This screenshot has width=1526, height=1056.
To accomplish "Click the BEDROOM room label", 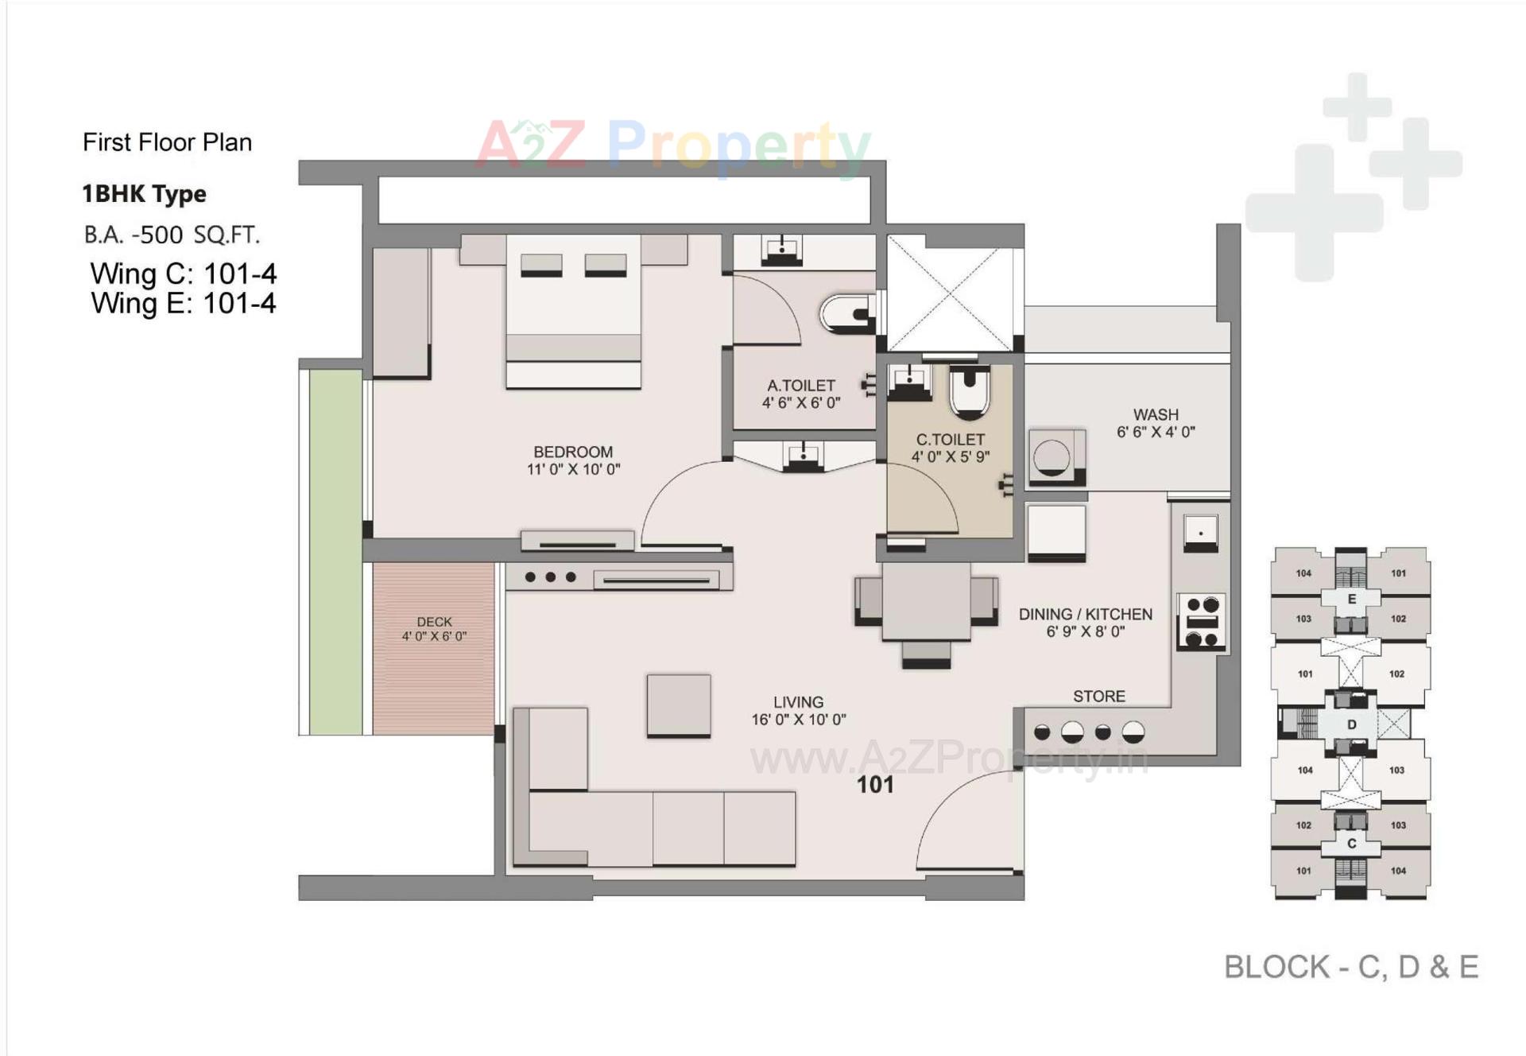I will (x=573, y=452).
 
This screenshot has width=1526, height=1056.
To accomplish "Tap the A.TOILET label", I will (x=801, y=386).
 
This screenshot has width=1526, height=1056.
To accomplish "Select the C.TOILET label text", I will (x=951, y=440).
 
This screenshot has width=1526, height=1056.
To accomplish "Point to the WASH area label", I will (x=1156, y=415).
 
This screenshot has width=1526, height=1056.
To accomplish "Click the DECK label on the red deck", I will (x=434, y=622).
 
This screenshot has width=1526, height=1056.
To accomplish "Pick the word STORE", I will (x=1099, y=697).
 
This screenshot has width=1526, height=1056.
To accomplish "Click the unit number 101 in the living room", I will (x=875, y=785).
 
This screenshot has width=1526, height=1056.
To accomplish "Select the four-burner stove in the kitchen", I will (x=1202, y=622).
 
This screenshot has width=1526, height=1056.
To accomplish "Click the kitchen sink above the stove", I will (x=1201, y=531).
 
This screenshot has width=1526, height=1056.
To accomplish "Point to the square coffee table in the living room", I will (x=679, y=705).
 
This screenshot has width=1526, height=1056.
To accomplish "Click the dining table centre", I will (x=926, y=600).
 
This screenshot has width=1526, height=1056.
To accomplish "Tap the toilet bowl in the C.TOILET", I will (x=970, y=392).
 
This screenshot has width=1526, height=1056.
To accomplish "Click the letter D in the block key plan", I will (x=1351, y=724).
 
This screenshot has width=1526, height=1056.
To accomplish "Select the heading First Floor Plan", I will (x=167, y=142).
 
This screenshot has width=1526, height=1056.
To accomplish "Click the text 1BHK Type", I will (x=144, y=194).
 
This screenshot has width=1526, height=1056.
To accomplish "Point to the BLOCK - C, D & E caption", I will (x=1350, y=967).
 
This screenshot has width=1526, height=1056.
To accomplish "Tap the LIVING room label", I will (x=798, y=702).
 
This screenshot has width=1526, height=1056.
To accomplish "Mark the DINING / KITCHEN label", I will (x=1085, y=615).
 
